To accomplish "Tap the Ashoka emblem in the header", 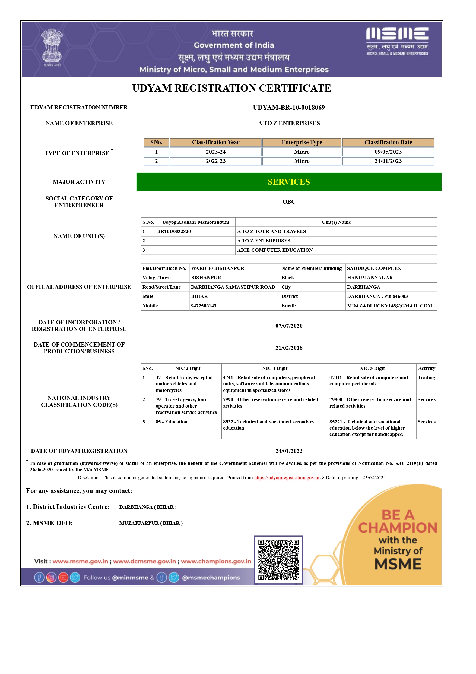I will coord(52,47).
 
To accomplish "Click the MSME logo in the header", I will coord(397,41).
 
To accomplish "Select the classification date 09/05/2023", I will coord(388,152).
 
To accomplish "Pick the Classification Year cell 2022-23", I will coord(215,161).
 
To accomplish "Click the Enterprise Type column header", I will coord(302,142).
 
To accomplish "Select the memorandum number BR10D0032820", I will coord(174,231).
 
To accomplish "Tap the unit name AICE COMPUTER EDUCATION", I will coord(275,250).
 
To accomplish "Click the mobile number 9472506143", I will coord(204,305).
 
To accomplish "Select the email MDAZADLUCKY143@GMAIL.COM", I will coord(389,305).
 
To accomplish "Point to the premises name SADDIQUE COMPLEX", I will coord(374,268).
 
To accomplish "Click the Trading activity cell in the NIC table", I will coord(426,377).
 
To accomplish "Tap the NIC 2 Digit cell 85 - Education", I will coord(172,421).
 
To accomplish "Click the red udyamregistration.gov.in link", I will coord(286,478).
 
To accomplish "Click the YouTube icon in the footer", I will coord(63,577).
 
